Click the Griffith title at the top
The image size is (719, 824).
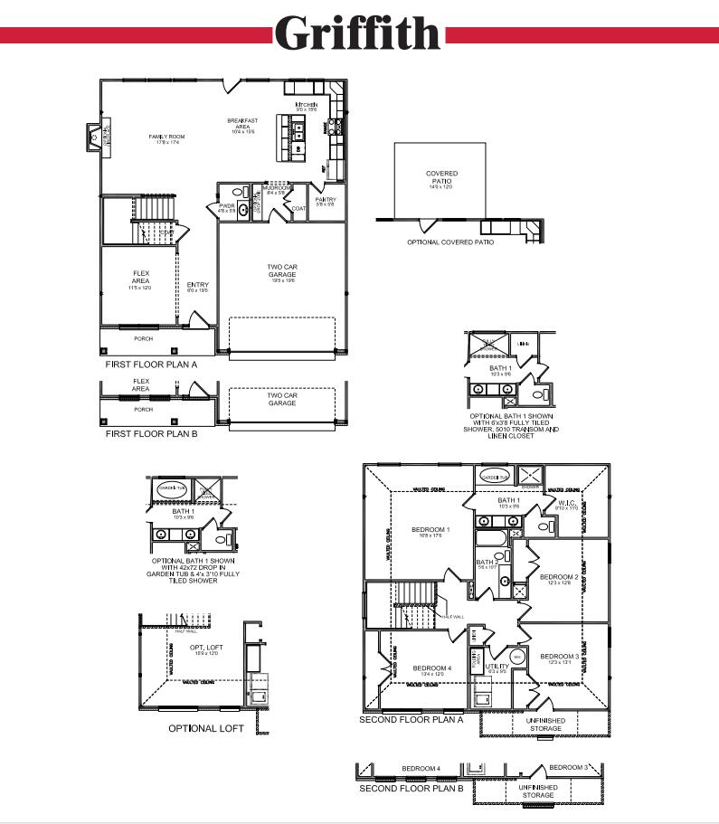coord(358,33)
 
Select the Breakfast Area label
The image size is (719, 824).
coord(243,124)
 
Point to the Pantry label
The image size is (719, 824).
coord(326,200)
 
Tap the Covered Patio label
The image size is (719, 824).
coord(441,177)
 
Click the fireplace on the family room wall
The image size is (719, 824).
coord(92,137)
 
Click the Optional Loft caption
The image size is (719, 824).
coord(206,728)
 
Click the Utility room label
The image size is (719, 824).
coord(497,667)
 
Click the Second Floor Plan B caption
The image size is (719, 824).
coord(412,789)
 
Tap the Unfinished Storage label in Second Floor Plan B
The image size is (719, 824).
coord(537,791)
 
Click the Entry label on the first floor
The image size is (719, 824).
coord(198,286)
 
